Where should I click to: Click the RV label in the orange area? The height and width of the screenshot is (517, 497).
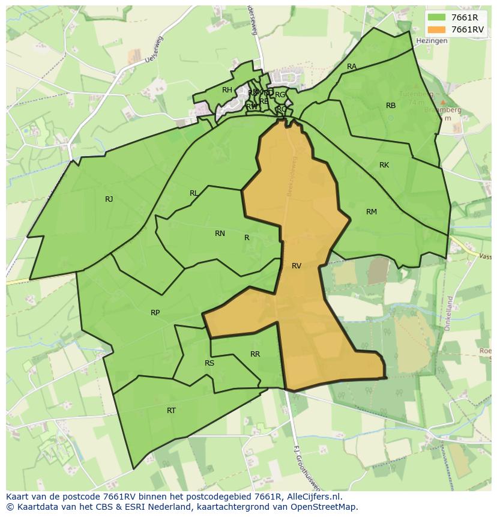coord(297,266)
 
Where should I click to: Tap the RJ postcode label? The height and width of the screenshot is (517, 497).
coord(109,199)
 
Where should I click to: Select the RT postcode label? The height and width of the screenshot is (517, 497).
coord(172,411)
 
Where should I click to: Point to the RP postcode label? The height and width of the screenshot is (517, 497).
coord(155,313)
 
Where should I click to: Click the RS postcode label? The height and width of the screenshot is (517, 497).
coord(209,363)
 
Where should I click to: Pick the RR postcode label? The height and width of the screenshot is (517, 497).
coord(255,354)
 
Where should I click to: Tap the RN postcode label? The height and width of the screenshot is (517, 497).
coord(220,234)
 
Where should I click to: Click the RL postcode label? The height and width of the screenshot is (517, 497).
coord(194,193)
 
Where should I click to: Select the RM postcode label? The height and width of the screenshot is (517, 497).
coord(372,212)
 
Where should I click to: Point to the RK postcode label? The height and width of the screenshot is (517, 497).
coord(384,165)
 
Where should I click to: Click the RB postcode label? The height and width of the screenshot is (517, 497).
coord(391,106)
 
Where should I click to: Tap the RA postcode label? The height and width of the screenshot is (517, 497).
coord(352,67)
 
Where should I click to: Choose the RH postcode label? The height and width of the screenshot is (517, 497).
coord(227,90)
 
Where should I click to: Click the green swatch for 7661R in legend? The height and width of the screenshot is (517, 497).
coord(436,17)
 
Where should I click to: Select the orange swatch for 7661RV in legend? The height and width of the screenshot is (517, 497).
coord(436,29)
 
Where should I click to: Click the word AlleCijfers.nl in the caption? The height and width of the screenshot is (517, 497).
coord(313,497)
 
